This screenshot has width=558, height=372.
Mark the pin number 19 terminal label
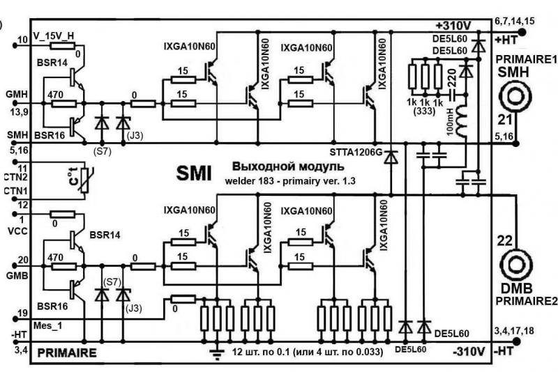click(24, 313)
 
